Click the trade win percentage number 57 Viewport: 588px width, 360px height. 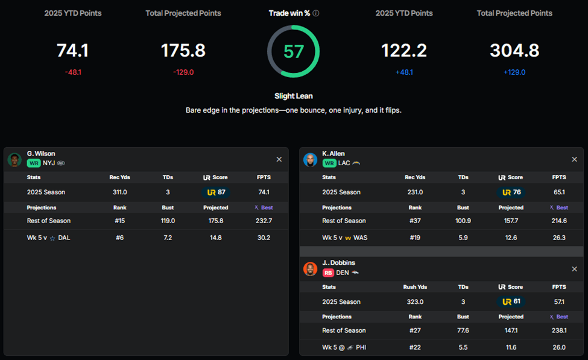click(294, 51)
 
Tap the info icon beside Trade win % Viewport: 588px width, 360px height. click(316, 13)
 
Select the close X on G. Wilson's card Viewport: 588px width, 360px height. click(279, 159)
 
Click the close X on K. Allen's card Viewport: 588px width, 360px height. click(574, 159)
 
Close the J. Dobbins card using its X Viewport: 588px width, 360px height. click(574, 269)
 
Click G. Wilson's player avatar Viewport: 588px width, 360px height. click(14, 160)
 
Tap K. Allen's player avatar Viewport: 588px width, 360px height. click(311, 160)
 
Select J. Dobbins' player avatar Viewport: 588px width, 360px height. click(311, 269)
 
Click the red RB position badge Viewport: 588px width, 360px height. click(328, 273)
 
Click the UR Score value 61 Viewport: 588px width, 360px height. click(512, 302)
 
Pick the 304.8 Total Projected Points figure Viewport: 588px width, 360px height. click(514, 51)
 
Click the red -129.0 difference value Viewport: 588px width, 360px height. click(183, 72)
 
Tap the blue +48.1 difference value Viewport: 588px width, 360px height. click(404, 72)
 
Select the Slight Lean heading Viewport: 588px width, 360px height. click(294, 96)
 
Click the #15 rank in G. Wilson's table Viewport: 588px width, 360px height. click(119, 221)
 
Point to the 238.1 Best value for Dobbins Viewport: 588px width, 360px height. click(559, 330)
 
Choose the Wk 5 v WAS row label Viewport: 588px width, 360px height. click(344, 238)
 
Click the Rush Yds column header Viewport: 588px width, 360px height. click(415, 287)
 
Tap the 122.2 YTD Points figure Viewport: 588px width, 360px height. click(404, 51)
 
